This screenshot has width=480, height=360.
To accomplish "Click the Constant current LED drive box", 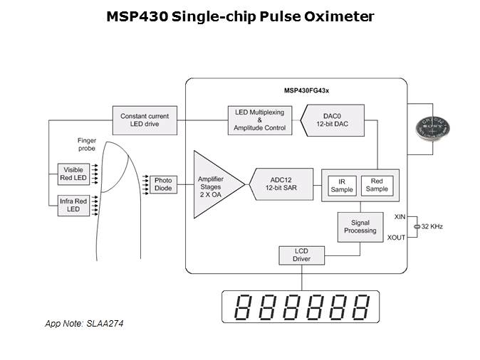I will tap(144, 120).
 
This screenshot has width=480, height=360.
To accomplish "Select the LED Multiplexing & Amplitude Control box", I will tap(259, 120).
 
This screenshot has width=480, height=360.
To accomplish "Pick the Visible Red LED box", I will tap(73, 175).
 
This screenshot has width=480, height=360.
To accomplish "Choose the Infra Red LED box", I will tap(73, 206).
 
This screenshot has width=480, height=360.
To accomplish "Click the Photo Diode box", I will tap(163, 185).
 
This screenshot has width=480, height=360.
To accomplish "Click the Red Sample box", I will tap(377, 185).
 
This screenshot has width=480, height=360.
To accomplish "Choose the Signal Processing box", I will tap(360, 226).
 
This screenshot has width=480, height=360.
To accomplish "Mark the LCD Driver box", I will tap(301, 255).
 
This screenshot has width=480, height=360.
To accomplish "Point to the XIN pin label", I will tap(400, 215).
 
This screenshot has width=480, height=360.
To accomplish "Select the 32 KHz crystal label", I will tap(432, 226).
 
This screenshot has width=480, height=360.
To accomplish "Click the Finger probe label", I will tap(87, 144).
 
